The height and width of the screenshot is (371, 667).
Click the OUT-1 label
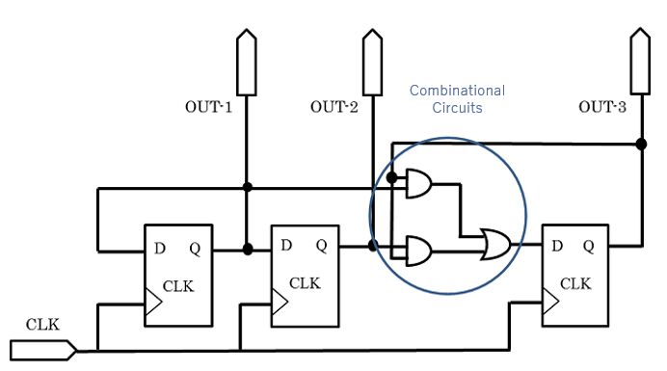[208, 107]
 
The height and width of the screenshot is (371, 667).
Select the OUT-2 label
[334, 107]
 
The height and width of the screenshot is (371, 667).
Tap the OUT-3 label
[602, 107]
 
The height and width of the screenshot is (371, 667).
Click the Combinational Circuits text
[457, 99]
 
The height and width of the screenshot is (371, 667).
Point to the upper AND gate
[419, 183]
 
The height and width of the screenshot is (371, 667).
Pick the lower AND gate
[419, 252]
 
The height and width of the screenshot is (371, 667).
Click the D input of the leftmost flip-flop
[159, 248]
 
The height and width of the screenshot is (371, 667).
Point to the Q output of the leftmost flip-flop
[195, 248]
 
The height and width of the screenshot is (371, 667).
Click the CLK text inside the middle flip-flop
[305, 282]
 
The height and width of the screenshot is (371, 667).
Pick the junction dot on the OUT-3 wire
[641, 144]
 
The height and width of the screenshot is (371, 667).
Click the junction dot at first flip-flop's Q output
[248, 249]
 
